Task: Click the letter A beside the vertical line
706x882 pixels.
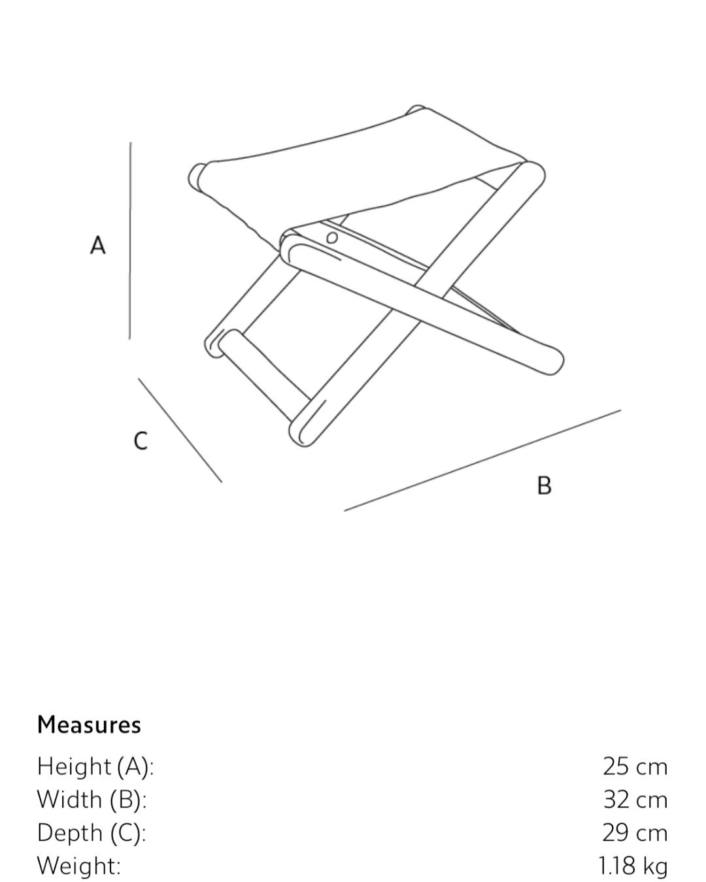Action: tap(97, 245)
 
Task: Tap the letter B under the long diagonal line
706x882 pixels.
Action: tap(544, 485)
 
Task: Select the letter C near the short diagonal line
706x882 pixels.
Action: tap(140, 440)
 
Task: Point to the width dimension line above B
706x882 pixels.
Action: tap(482, 460)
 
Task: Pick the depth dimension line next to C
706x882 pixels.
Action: tap(180, 430)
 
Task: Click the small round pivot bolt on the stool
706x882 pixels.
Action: tap(332, 237)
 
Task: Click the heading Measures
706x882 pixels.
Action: tap(89, 725)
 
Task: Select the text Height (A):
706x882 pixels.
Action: tap(95, 766)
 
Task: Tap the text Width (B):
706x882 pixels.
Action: tap(92, 799)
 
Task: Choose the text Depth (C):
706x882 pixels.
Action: tap(92, 832)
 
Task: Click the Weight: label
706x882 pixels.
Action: tap(78, 866)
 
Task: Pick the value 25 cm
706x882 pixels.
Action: tap(635, 766)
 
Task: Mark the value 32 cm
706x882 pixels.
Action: tap(635, 799)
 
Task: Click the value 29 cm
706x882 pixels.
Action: tap(635, 832)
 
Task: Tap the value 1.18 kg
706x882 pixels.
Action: tap(632, 866)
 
